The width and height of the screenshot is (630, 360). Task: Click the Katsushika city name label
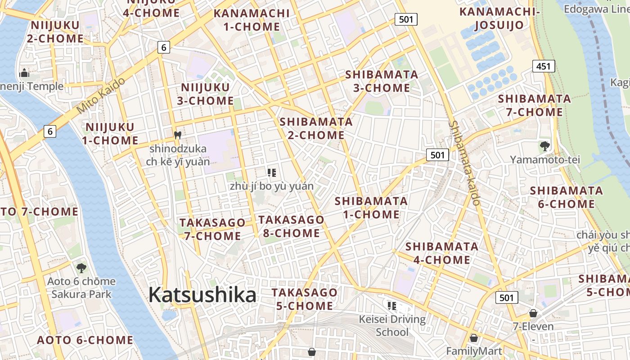202,295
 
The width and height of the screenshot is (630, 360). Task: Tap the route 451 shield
543,67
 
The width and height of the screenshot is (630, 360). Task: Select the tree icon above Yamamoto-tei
544,146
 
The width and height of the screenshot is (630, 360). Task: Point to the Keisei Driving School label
392,326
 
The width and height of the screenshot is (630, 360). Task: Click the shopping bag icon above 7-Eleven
533,313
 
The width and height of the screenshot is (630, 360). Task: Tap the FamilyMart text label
474,351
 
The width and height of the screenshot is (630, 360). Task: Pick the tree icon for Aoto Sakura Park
81,268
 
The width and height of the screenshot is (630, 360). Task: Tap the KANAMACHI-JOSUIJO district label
499,18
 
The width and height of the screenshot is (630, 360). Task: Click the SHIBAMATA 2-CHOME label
316,128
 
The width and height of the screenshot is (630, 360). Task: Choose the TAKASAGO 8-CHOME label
291,226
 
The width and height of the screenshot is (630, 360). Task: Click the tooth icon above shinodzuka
178,135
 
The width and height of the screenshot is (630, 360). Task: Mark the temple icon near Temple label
24,72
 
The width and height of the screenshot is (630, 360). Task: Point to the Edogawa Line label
596,9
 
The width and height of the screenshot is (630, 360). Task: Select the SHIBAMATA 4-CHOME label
441,253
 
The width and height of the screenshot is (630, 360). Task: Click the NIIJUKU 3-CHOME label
205,94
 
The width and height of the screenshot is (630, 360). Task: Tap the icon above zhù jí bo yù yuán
271,172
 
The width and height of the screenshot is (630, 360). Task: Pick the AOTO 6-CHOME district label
85,340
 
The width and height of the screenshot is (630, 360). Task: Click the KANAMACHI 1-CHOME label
252,20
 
